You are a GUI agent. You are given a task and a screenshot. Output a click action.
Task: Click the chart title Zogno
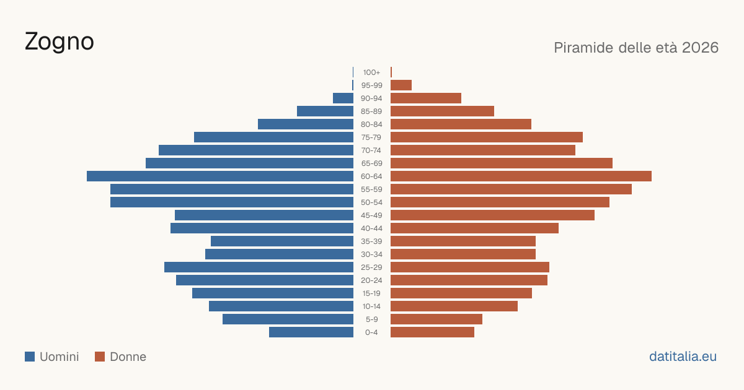(x=59, y=42)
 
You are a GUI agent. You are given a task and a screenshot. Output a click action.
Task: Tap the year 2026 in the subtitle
(x=700, y=48)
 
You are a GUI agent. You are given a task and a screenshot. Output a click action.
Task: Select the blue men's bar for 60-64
(x=220, y=176)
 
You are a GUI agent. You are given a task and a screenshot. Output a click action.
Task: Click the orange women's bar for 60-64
(x=521, y=176)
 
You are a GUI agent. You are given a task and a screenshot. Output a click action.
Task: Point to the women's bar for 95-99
(x=401, y=85)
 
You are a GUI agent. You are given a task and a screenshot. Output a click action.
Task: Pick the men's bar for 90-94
(x=343, y=98)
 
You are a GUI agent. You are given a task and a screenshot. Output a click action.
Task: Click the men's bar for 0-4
(x=311, y=332)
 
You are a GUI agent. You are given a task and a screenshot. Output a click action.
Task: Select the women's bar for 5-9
(x=436, y=319)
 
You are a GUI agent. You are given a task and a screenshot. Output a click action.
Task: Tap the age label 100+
(x=371, y=72)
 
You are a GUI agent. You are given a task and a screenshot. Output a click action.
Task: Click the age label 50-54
(x=371, y=202)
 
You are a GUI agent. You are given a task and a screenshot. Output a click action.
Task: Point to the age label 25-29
(x=371, y=267)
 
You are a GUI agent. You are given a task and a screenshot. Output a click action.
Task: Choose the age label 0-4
(x=371, y=332)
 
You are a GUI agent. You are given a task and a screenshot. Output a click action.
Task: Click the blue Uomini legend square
(x=30, y=357)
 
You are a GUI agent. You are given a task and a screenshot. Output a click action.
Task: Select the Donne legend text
(x=128, y=357)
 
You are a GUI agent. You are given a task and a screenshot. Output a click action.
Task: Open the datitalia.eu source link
(x=683, y=357)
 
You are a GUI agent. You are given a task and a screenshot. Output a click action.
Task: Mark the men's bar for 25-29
(x=259, y=267)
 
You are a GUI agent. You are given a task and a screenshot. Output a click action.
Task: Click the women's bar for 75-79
(x=487, y=137)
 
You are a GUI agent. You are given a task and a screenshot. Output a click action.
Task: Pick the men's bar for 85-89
(x=325, y=111)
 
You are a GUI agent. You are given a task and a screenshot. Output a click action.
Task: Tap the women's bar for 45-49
(x=492, y=215)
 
